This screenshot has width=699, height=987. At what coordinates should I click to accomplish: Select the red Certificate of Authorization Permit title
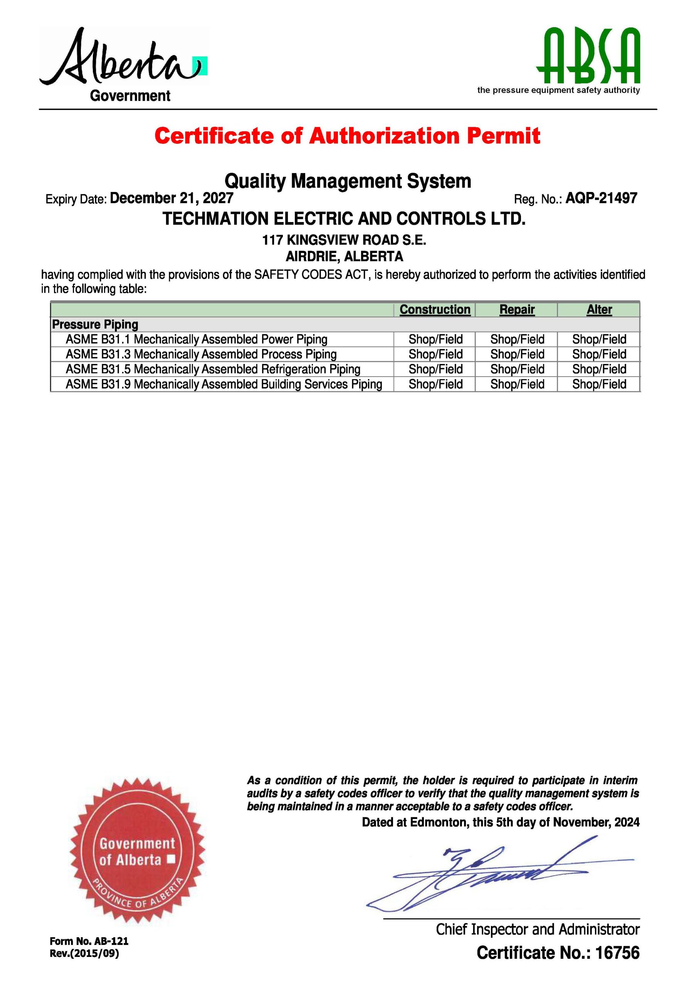pyautogui.click(x=347, y=136)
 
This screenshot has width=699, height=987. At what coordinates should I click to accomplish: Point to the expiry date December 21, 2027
pyautogui.click(x=171, y=198)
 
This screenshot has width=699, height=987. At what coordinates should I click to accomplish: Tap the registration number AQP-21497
pyautogui.click(x=601, y=198)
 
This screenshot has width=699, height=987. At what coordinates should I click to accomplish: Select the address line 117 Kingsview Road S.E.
pyautogui.click(x=344, y=240)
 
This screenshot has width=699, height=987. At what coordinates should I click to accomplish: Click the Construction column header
pyautogui.click(x=435, y=310)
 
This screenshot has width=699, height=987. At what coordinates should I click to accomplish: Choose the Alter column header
pyautogui.click(x=599, y=310)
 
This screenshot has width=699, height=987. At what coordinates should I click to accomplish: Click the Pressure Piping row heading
pyautogui.click(x=95, y=324)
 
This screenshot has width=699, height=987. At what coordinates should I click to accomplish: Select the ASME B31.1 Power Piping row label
pyautogui.click(x=196, y=339)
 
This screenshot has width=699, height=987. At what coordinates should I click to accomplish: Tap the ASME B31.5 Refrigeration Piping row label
pyautogui.click(x=213, y=369)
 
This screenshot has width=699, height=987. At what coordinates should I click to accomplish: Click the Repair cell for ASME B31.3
pyautogui.click(x=517, y=354)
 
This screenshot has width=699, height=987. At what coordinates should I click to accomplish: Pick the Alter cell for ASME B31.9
pyautogui.click(x=599, y=384)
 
